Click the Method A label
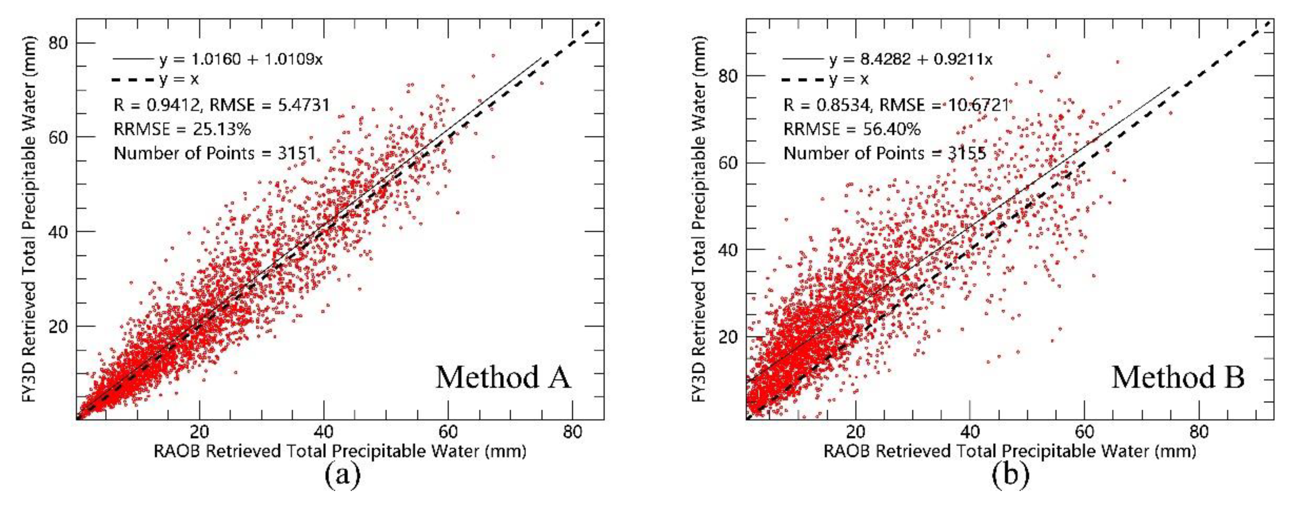pos(503,377)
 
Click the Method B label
pos(1178,377)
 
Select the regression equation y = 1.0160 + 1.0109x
pos(241,59)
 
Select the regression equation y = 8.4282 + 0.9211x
pos(911,59)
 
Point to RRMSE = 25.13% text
pos(182,129)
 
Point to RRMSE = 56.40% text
pos(852,129)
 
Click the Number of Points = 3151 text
pos(214,153)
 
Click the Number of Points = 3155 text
pos(885,153)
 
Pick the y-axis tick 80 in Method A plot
pos(58,43)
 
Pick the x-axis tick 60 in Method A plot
pos(448,432)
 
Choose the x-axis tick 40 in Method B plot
pos(970,432)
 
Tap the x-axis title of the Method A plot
pos(340,452)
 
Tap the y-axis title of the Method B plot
pos(699,220)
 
